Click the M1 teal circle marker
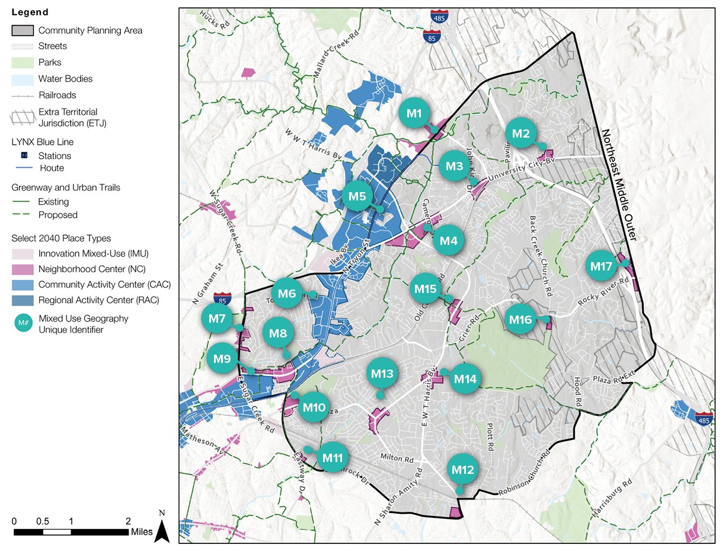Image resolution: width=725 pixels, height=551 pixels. coord(414,113)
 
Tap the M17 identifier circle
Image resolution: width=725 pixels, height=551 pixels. coord(601,267)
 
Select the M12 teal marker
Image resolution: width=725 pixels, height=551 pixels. coord(462,470)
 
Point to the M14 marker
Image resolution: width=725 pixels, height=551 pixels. coord(465,379)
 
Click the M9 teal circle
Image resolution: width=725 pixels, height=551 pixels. coord(222,359)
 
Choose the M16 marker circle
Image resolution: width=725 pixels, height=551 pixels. coord(521,320)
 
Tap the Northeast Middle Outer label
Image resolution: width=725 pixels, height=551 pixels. coord(621,184)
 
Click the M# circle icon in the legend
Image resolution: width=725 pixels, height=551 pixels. coord(23,324)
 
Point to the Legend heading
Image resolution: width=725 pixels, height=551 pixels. coord(30,12)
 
